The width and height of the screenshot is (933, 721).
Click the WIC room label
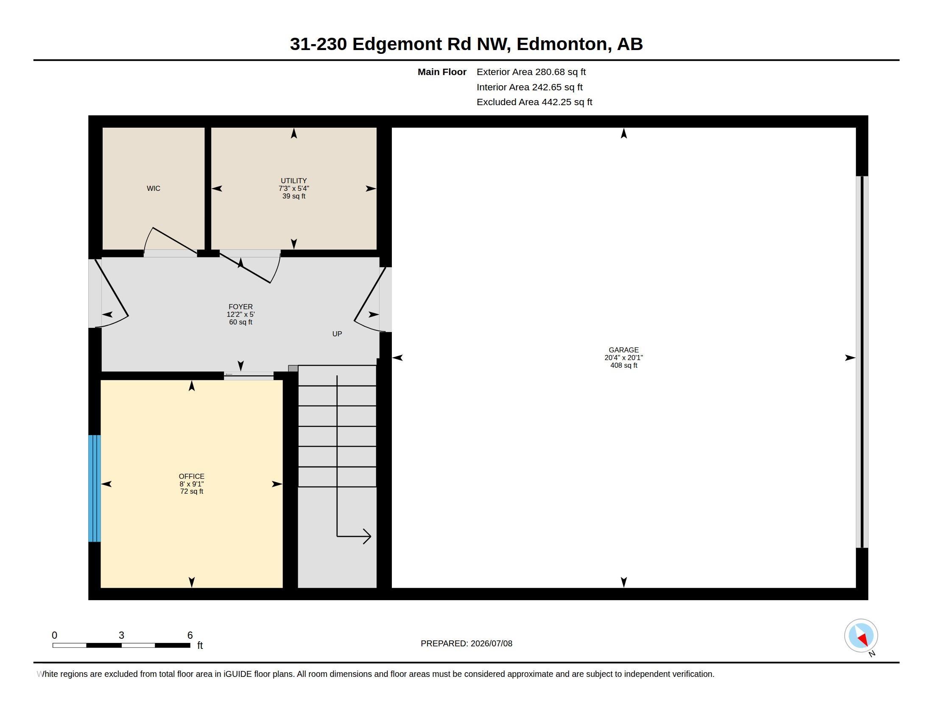[154, 188]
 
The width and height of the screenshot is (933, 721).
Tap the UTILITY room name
[293, 181]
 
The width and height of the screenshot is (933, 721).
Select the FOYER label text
[240, 307]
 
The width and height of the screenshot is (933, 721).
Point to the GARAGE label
[623, 350]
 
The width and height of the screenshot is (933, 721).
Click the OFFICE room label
[191, 476]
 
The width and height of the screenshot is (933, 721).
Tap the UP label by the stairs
[337, 334]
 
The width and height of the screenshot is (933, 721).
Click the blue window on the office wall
[95, 488]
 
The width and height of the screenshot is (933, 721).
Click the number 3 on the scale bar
[121, 635]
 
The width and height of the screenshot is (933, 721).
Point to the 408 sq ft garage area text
[623, 365]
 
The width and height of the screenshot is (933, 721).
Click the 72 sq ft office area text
[191, 491]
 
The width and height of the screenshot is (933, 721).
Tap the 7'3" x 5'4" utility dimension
[293, 188]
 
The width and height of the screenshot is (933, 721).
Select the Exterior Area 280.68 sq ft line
[531, 72]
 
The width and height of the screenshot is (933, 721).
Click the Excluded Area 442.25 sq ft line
[534, 102]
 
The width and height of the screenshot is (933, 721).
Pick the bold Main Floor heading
[442, 72]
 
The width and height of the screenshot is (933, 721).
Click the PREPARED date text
[466, 643]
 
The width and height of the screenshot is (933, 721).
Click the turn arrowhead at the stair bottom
[367, 536]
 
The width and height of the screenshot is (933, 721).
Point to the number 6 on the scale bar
[190, 635]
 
